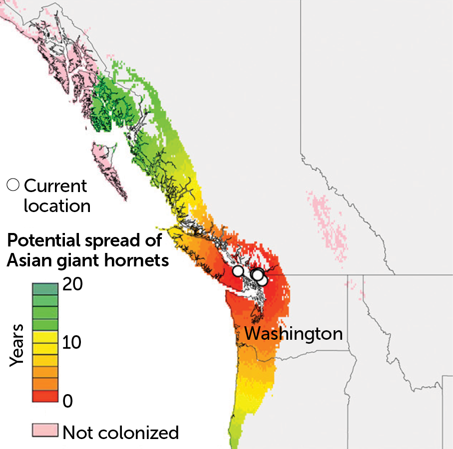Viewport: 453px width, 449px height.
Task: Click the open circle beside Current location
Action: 13,185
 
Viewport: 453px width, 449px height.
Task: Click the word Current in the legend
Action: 55,186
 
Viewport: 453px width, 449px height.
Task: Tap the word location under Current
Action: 57,205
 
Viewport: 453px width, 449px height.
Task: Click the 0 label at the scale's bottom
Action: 68,401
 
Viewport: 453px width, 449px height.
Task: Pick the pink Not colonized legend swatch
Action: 45,430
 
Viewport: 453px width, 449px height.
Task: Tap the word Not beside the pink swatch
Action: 77,432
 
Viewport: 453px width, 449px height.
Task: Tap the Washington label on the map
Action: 294,333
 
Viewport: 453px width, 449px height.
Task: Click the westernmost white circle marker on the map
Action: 239,271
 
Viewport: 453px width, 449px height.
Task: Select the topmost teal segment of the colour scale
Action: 45,288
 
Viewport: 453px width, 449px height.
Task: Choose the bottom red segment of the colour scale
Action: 45,396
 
